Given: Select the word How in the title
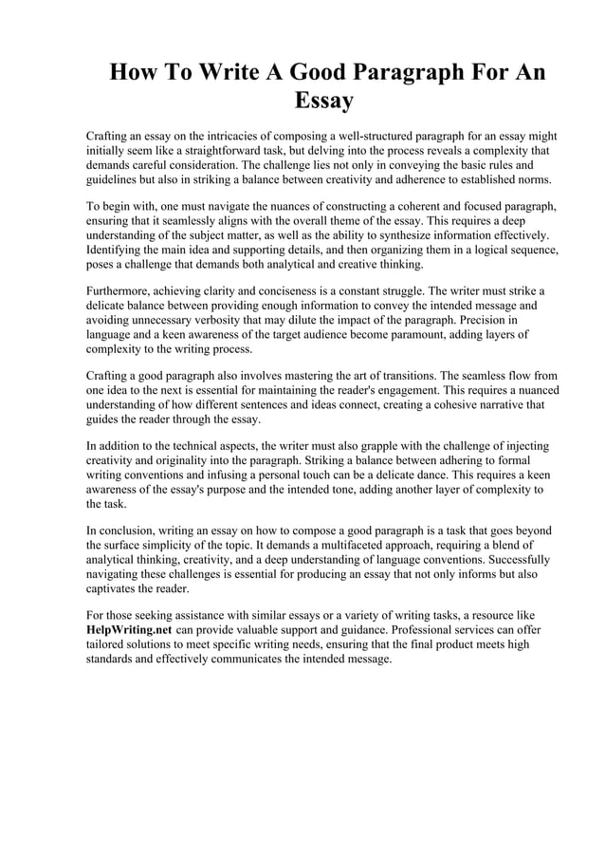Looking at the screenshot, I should tap(134, 73).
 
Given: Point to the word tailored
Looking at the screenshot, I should tap(107, 643).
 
